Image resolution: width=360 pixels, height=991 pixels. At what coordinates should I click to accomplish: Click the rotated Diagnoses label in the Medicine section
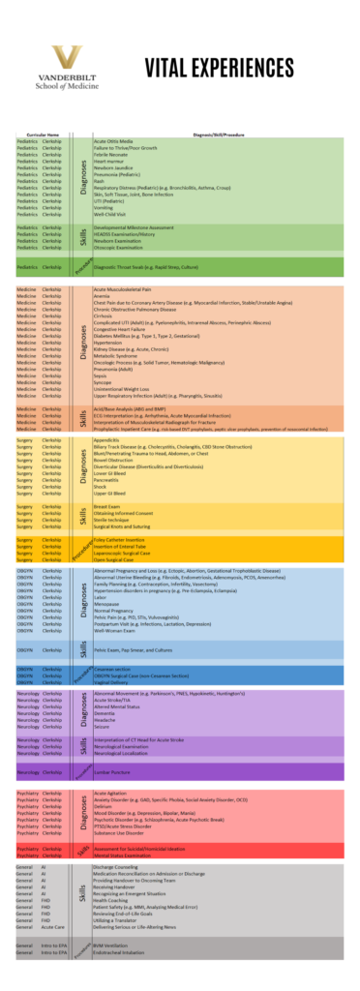[x=85, y=341]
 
